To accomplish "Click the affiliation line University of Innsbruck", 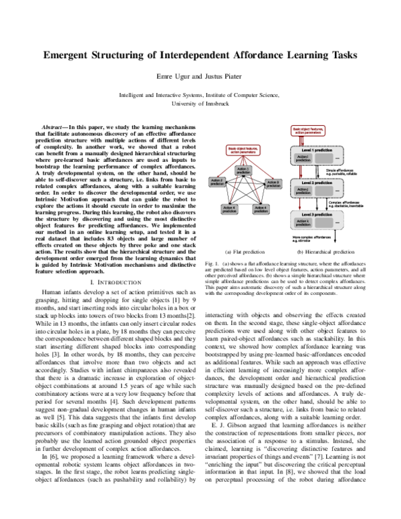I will coord(200,105).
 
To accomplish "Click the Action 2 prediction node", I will coord(217,182).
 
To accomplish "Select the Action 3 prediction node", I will coord(273,182).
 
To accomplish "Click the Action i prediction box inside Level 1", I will coord(303,159).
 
